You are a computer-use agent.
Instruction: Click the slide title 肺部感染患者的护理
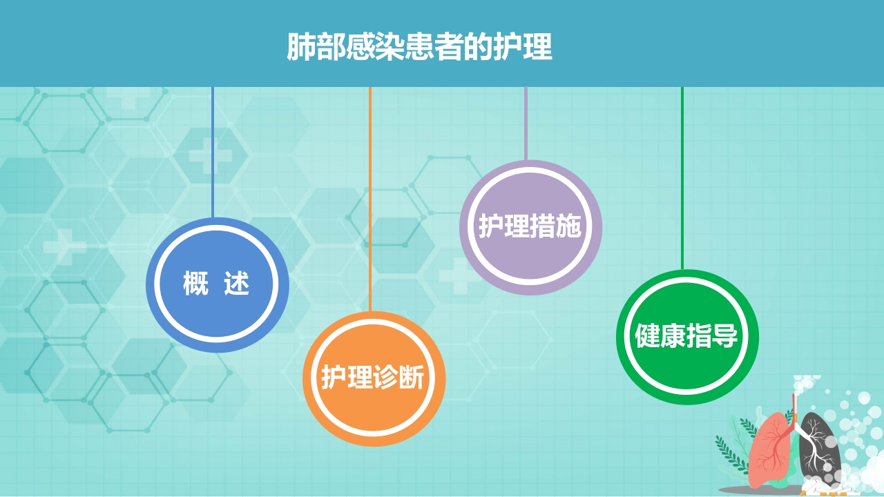[419, 47]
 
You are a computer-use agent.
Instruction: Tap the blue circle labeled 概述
[218, 285]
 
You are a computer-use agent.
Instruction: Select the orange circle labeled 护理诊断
[374, 379]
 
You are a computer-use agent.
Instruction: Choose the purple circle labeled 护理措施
[531, 227]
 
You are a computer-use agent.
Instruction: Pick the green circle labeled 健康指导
[687, 337]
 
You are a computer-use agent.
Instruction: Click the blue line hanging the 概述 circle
[213, 153]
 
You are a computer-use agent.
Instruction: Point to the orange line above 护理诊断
[369, 199]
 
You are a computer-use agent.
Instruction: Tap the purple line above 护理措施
[526, 124]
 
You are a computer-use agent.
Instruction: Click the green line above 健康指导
[682, 178]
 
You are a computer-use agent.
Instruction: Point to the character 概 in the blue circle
[195, 283]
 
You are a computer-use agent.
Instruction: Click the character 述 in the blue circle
[237, 283]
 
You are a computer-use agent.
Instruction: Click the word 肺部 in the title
[316, 47]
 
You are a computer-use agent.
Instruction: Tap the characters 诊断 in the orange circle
[398, 377]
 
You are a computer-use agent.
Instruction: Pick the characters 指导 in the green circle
[712, 335]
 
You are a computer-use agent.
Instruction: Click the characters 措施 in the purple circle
[556, 226]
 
